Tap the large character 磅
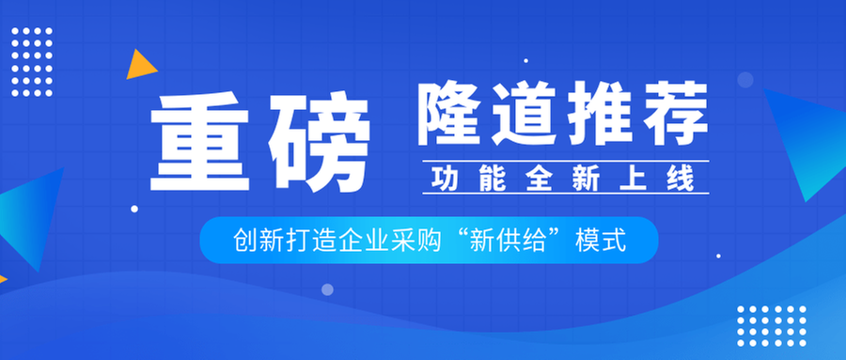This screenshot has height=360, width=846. click(316, 143)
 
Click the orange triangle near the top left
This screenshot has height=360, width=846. click(140, 65)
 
